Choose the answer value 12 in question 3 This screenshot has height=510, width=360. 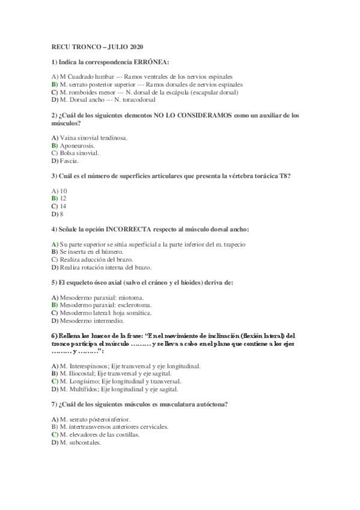pyautogui.click(x=63, y=198)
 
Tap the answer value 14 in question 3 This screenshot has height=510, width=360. pyautogui.click(x=63, y=206)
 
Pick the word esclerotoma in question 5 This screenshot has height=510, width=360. pyautogui.click(x=123, y=306)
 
